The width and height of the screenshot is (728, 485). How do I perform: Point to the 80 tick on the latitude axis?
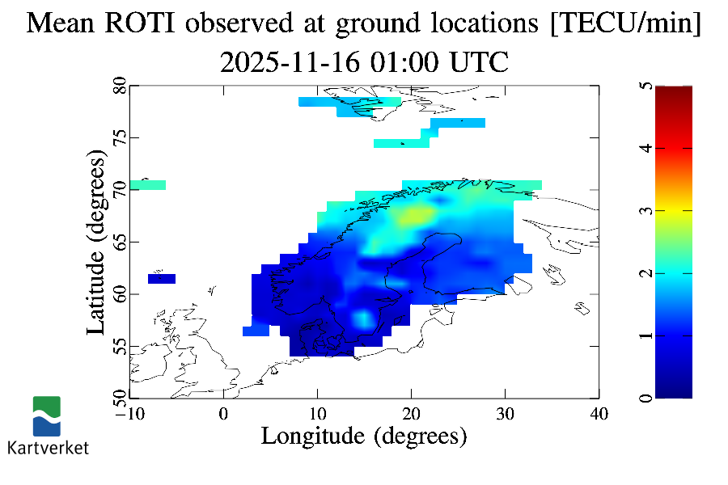pyautogui.click(x=119, y=86)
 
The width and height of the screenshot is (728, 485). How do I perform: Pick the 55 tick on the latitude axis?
pyautogui.click(x=119, y=346)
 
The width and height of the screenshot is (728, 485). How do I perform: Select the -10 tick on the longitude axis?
pyautogui.click(x=129, y=413)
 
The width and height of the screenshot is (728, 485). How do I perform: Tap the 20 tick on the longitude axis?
pyautogui.click(x=411, y=413)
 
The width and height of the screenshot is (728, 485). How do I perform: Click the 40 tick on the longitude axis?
pyautogui.click(x=599, y=413)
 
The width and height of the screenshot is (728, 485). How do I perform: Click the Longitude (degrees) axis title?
pyautogui.click(x=364, y=436)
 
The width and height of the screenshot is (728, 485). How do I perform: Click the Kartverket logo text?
pyautogui.click(x=48, y=448)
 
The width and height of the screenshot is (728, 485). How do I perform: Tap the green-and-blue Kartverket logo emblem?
pyautogui.click(x=47, y=415)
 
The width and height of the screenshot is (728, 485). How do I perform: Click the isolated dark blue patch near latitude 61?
pyautogui.click(x=162, y=279)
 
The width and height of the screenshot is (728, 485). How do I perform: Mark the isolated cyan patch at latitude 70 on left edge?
pyautogui.click(x=147, y=185)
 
